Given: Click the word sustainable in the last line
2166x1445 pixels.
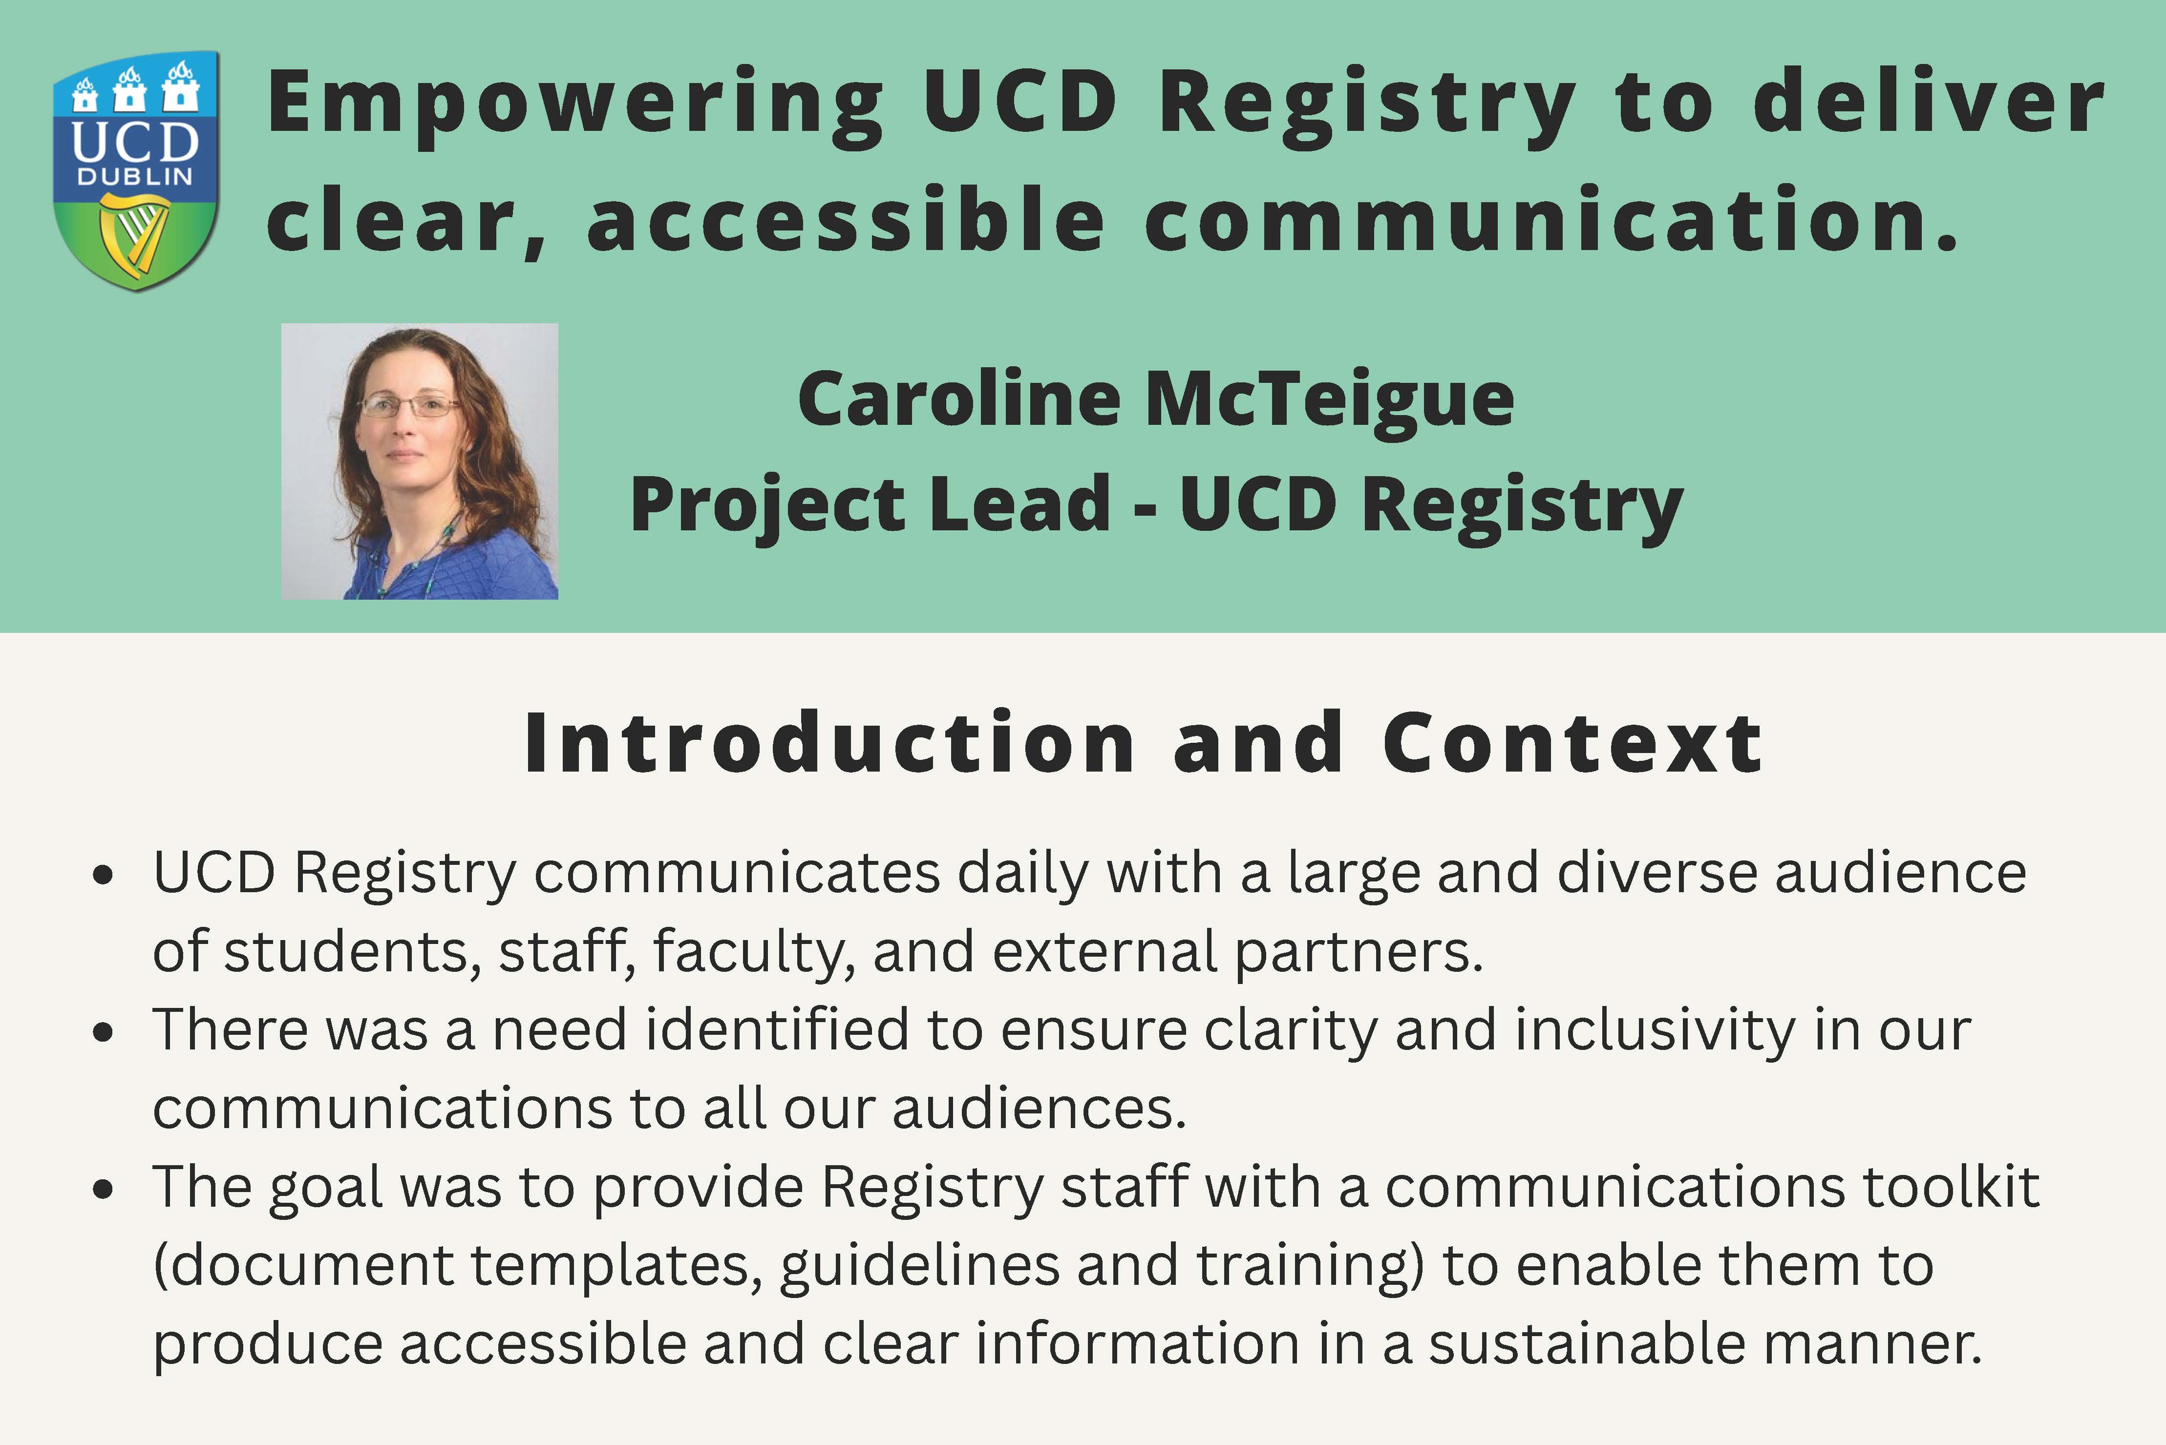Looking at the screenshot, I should click(1587, 1343).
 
